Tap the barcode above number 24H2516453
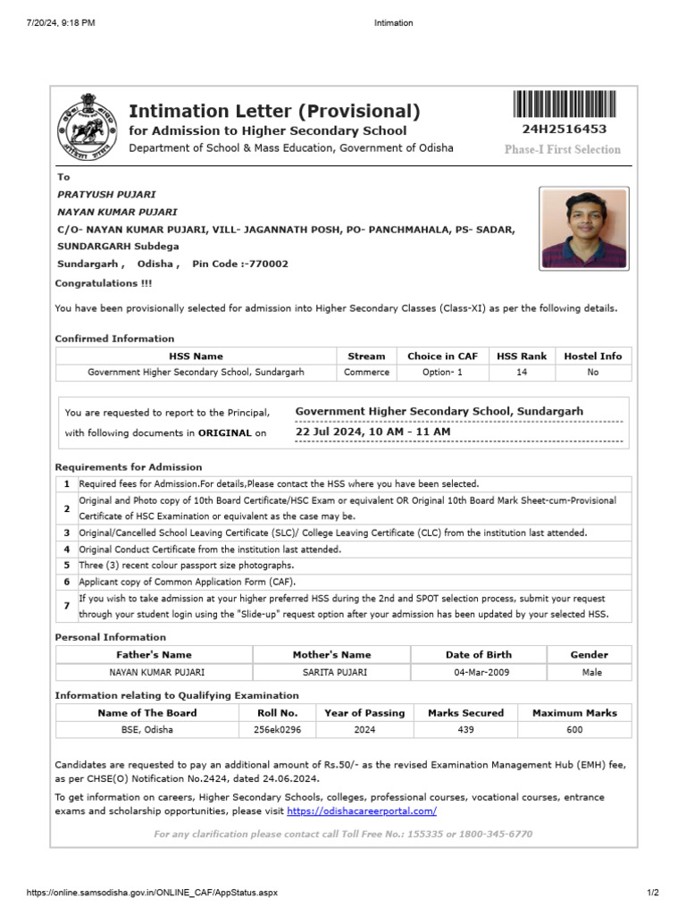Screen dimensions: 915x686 point(565,105)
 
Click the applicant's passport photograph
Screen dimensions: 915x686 point(584,228)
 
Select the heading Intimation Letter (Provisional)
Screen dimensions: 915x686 point(274,112)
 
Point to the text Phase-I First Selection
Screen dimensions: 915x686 point(562,149)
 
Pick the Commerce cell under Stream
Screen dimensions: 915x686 point(366,373)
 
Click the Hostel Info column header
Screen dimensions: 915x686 point(593,356)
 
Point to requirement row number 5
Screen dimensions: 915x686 point(66,566)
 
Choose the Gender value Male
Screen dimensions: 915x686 point(590,672)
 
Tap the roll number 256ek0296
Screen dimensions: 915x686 point(277,730)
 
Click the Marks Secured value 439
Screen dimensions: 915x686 point(465,730)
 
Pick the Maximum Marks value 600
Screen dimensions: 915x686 point(574,730)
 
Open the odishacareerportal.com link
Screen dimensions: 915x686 point(362,811)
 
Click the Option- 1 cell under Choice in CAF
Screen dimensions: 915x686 point(442,373)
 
